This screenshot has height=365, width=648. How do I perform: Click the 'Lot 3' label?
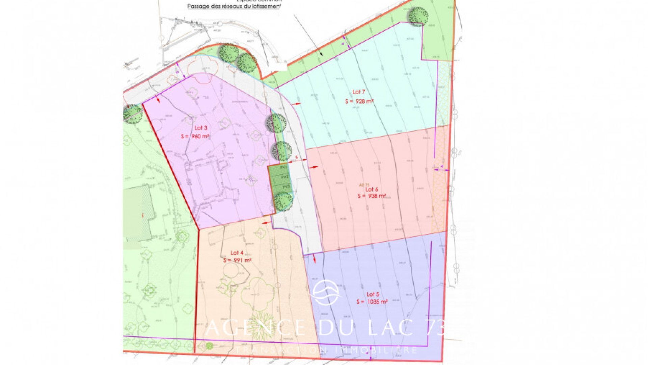[201, 128]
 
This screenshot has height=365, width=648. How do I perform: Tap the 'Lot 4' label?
[237, 253]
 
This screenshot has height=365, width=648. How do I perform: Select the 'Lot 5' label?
[373, 294]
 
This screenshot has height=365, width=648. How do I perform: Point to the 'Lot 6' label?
[372, 190]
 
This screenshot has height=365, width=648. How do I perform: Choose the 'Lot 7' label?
[359, 92]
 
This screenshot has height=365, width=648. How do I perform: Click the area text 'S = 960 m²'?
[195, 136]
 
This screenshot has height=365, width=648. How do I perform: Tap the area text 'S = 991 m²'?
[238, 261]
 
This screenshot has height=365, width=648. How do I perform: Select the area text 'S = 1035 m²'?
[372, 302]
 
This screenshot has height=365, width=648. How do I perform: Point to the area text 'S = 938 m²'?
[372, 196]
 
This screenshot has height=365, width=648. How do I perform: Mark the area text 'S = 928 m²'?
[359, 101]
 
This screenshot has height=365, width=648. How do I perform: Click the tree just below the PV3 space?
[283, 202]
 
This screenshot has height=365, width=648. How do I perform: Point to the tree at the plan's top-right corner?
[418, 17]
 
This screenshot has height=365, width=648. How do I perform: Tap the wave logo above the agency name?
[326, 293]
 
